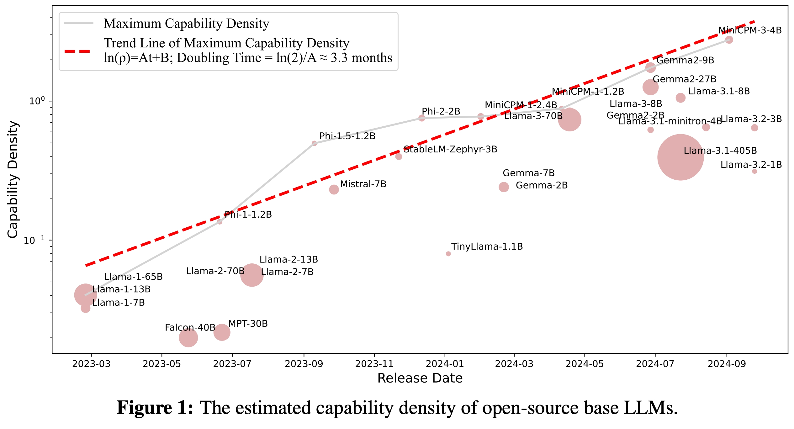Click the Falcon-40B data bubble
188,338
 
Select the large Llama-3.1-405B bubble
680,157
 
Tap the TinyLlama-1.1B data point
448,254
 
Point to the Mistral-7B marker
334,189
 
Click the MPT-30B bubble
222,332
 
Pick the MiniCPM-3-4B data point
729,40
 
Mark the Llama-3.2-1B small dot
754,171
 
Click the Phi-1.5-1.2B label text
347,136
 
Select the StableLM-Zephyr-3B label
450,149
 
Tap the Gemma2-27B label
685,79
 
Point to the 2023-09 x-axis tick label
304,364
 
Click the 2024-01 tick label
445,364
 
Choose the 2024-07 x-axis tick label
655,364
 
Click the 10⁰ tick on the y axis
37,101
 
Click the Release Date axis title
420,378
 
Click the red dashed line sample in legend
77,51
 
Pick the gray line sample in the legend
78,23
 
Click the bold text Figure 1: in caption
155,408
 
